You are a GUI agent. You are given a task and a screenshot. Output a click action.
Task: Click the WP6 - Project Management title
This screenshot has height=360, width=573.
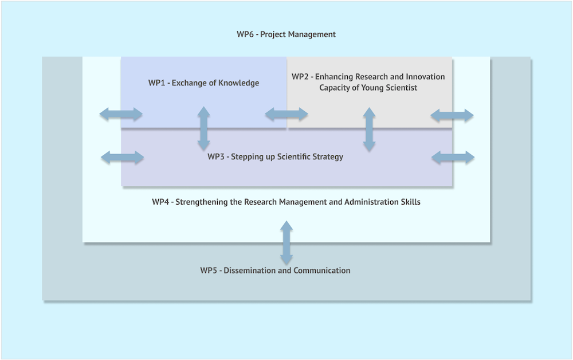pyautogui.click(x=286, y=34)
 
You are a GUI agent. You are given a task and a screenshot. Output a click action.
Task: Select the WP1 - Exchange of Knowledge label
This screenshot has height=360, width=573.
pyautogui.click(x=203, y=83)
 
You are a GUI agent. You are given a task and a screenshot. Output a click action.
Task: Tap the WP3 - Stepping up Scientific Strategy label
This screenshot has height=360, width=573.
pyautogui.click(x=275, y=156)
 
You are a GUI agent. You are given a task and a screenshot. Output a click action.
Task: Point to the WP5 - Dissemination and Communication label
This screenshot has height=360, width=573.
pyautogui.click(x=275, y=271)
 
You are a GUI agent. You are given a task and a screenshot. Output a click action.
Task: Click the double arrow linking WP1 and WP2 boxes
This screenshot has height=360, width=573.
pyautogui.click(x=286, y=115)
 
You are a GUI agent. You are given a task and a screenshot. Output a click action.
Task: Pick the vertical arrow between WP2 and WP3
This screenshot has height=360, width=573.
pyautogui.click(x=369, y=130)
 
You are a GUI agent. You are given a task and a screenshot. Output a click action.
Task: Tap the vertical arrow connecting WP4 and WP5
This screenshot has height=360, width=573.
pyautogui.click(x=286, y=243)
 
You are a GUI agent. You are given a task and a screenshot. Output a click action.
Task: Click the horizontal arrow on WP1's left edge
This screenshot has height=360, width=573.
pyautogui.click(x=121, y=114)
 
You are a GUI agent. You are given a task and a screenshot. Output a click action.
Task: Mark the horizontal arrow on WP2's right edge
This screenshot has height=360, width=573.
pyautogui.click(x=452, y=115)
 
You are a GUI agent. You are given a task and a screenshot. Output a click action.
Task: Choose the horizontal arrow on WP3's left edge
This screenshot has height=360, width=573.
pyautogui.click(x=122, y=157)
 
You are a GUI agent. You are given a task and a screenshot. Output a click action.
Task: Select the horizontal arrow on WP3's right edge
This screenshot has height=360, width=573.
pyautogui.click(x=453, y=157)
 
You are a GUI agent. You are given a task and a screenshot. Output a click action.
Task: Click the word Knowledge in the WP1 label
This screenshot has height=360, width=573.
pyautogui.click(x=238, y=83)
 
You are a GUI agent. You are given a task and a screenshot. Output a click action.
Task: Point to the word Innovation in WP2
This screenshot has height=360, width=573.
pyautogui.click(x=425, y=77)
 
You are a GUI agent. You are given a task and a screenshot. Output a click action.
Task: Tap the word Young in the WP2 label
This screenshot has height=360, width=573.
pyautogui.click(x=366, y=88)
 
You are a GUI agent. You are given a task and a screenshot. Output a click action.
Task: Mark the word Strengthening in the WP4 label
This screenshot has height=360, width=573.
pyautogui.click(x=199, y=202)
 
